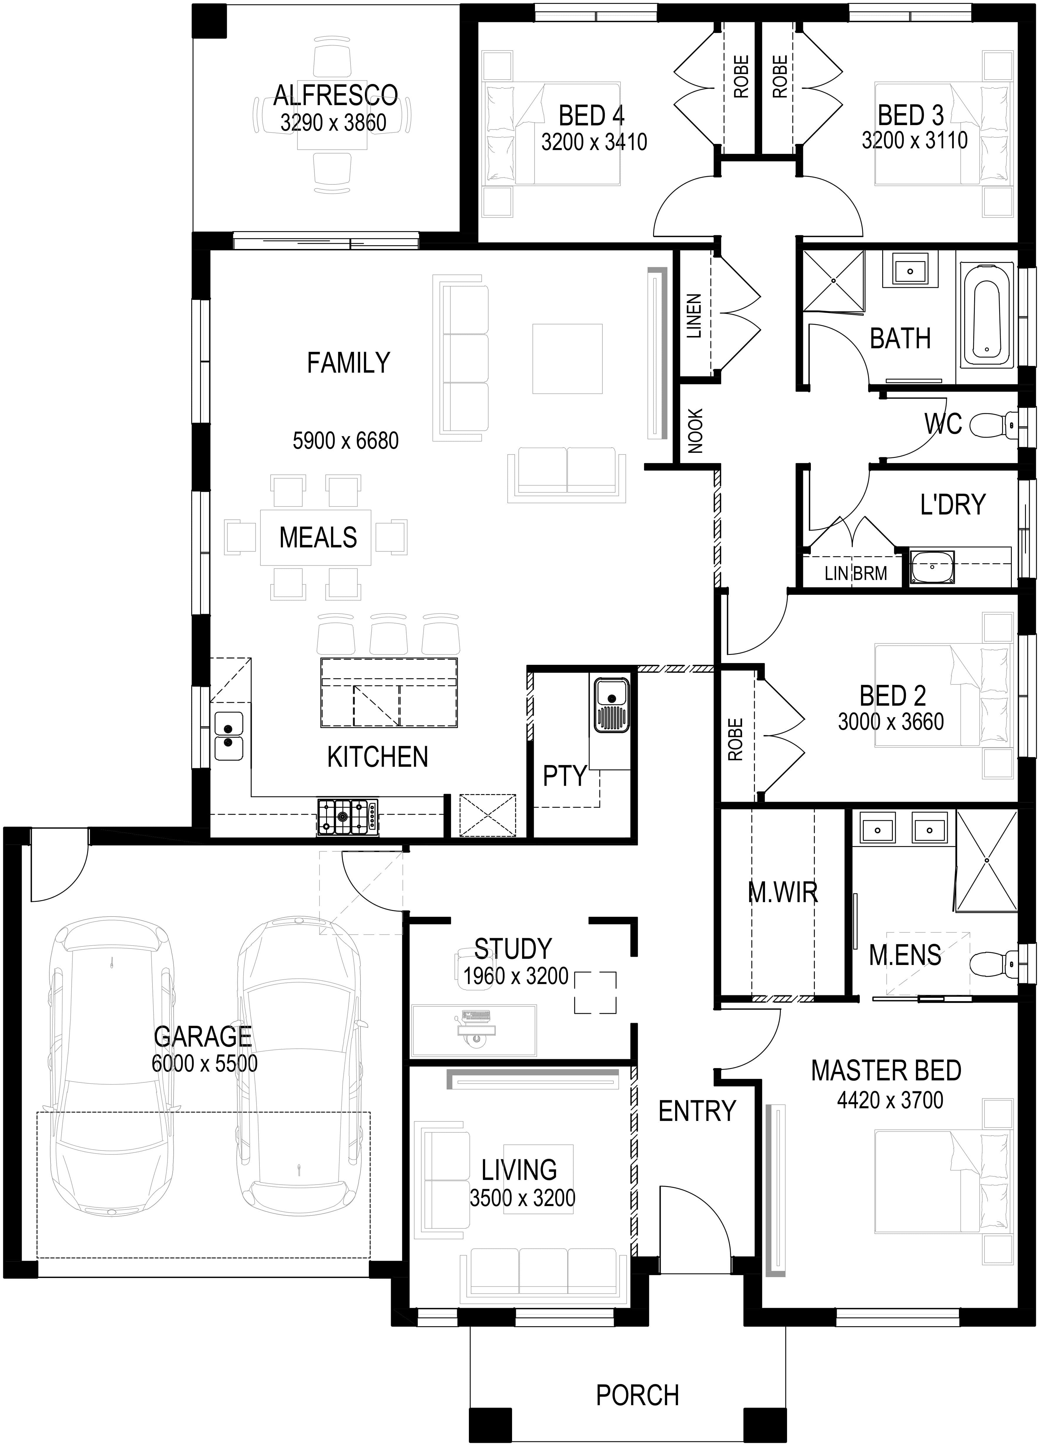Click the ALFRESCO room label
[336, 96]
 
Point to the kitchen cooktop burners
[348, 817]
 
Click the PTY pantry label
[564, 776]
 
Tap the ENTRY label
[697, 1111]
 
